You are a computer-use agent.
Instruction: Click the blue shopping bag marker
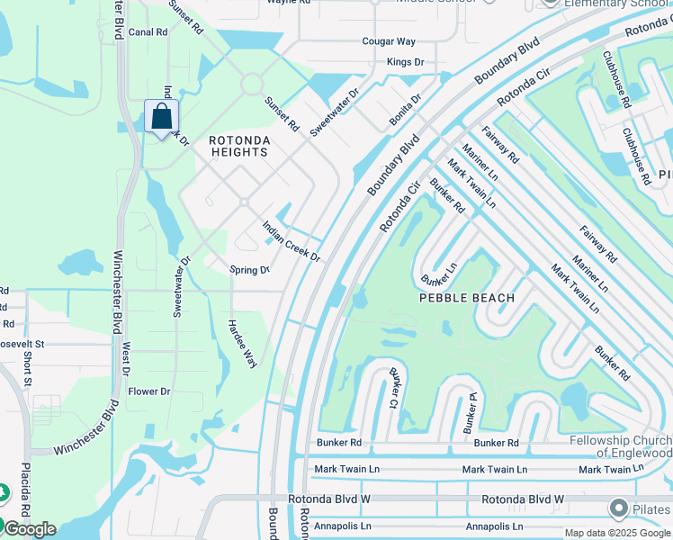point(161,117)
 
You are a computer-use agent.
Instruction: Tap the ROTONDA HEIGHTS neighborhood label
point(238,146)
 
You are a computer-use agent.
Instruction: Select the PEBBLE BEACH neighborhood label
point(467,298)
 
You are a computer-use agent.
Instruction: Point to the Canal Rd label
point(148,32)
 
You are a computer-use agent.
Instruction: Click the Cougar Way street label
point(389,41)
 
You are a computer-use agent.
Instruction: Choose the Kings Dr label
point(405,62)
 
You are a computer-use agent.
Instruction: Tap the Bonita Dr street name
point(405,112)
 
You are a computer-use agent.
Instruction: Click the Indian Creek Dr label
point(291,242)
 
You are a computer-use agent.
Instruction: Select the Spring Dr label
point(249,270)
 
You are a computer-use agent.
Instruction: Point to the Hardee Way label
point(242,344)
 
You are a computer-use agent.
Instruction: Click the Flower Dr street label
point(148,391)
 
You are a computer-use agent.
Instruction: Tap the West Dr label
point(126,358)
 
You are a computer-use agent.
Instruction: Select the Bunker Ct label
point(393,387)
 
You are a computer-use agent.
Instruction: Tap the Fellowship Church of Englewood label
point(621,446)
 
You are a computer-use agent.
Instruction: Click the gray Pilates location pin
point(617,508)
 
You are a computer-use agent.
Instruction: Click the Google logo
point(29,529)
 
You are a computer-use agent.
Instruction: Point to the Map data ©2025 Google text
point(617,533)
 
